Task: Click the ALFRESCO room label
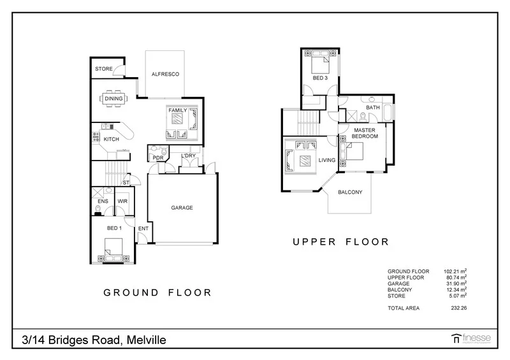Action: click(165, 75)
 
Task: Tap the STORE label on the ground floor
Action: click(104, 69)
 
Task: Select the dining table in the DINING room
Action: click(114, 99)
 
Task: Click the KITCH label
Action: click(112, 139)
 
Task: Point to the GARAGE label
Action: click(181, 208)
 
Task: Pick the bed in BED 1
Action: click(113, 249)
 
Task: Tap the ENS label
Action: click(103, 201)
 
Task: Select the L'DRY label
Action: click(188, 156)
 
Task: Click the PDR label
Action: click(157, 157)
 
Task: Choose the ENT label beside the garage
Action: click(143, 227)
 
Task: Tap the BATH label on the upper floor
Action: click(373, 108)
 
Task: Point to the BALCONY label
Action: click(350, 192)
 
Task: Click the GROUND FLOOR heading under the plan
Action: click(157, 292)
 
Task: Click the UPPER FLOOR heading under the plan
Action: click(340, 241)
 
